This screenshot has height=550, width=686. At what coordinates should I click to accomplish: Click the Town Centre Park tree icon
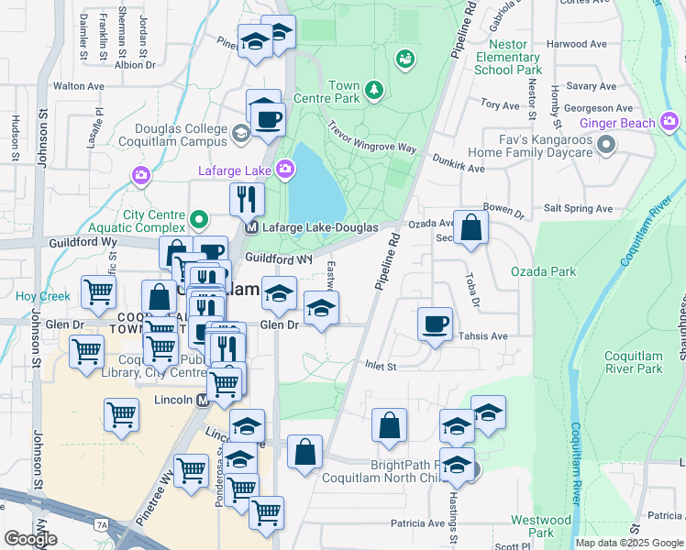coord(373,90)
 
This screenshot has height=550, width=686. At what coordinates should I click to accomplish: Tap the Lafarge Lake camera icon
coord(285,169)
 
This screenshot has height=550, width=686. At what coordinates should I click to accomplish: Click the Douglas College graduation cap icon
coord(240,134)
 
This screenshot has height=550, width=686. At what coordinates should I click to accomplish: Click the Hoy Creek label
coord(42,296)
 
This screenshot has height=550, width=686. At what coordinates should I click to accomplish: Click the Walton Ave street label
coord(78,85)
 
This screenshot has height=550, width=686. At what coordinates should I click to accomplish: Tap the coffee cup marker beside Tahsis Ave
coord(435,324)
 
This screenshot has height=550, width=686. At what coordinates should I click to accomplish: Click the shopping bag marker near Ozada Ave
coord(470,227)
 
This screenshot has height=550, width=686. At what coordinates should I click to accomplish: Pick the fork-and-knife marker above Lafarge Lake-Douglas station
coord(246,198)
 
